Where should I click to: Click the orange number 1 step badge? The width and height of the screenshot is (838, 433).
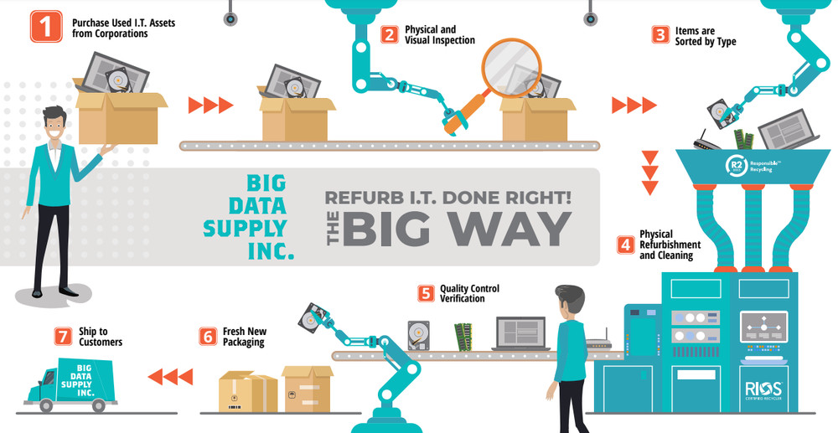click(x=47, y=27)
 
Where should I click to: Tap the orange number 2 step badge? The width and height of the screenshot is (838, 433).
click(x=389, y=34)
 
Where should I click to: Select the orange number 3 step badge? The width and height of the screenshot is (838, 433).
click(x=660, y=35)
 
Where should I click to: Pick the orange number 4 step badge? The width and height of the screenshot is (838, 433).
click(x=625, y=245)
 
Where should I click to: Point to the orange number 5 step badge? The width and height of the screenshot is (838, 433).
click(x=426, y=293)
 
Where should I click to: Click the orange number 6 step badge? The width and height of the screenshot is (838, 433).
click(x=208, y=336)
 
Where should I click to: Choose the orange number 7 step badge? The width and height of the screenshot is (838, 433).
click(x=63, y=336)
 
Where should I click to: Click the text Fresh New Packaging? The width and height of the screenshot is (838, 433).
click(x=244, y=337)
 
